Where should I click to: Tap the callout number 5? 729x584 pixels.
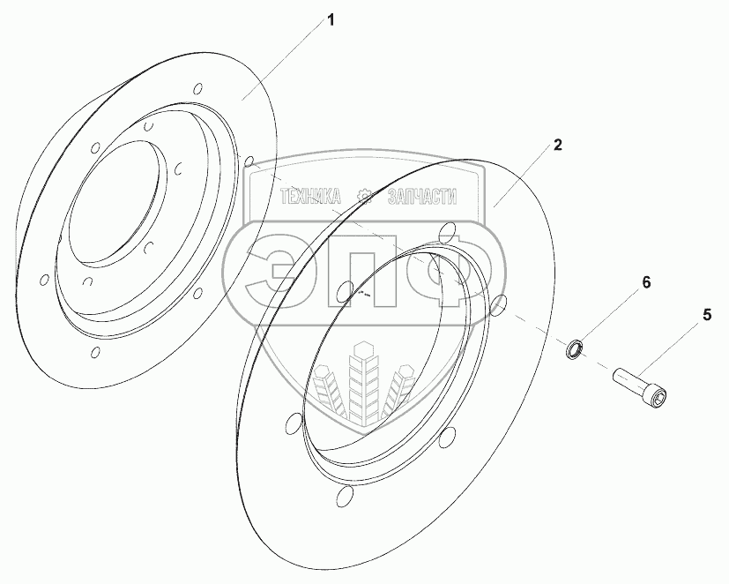click(707, 313)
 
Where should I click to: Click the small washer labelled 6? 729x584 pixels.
click(573, 348)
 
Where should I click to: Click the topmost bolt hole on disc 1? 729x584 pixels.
click(198, 89)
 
